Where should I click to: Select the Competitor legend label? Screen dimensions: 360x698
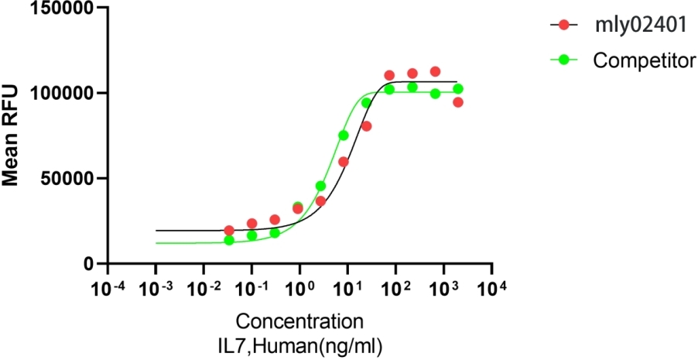coord(644,60)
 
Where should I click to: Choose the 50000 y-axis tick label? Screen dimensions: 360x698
coord(65,178)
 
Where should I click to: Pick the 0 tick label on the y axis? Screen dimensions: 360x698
coord(89,263)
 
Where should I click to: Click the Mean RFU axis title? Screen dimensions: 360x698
coord(12,136)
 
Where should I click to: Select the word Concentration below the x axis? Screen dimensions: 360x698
coord(299,321)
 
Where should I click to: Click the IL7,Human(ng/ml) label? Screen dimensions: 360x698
coord(299,343)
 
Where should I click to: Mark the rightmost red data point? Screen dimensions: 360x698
coord(458,102)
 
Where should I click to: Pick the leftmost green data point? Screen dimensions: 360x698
coord(229,240)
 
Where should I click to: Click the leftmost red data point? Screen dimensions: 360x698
coord(229,230)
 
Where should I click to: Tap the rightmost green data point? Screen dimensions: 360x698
coord(458,89)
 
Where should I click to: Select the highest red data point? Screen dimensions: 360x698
coord(435,72)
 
